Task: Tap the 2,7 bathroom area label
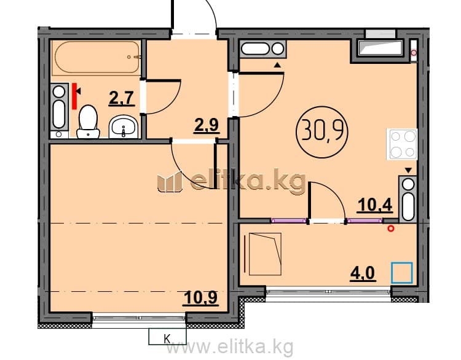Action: point(122,98)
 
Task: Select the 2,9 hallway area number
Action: point(207,125)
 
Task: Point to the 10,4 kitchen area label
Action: point(375,205)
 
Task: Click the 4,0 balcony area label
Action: point(363,273)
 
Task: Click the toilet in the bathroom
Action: point(88,122)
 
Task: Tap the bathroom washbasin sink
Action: point(124,127)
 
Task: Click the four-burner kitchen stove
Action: point(402,144)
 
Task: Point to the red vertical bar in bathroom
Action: point(74,96)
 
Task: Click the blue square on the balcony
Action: point(402,273)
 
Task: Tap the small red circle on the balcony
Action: point(391,229)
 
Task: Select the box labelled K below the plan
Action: point(167,336)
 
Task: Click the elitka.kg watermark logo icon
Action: point(170,182)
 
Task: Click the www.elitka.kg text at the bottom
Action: point(230,347)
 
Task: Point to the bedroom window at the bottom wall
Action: point(139,320)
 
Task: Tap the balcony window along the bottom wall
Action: point(328,294)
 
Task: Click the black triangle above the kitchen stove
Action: point(408,170)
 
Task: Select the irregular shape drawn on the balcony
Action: point(265,254)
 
